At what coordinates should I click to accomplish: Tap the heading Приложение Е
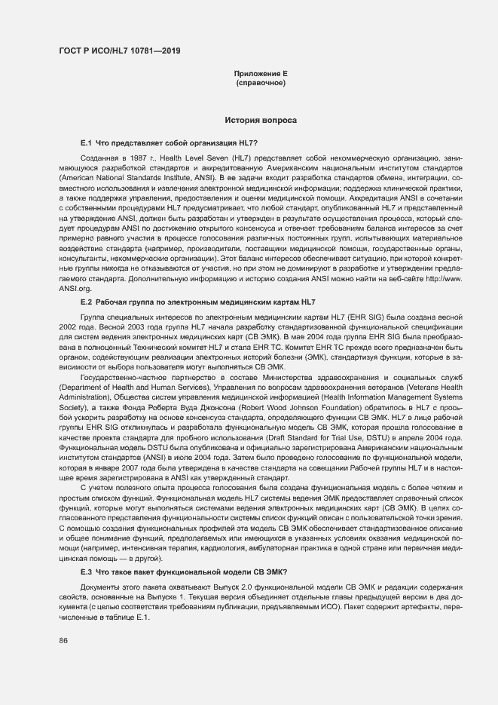[x=261, y=74]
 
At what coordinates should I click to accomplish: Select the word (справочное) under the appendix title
[x=261, y=83]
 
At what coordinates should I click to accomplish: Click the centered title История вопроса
[x=261, y=120]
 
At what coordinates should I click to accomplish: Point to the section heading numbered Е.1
[x=169, y=143]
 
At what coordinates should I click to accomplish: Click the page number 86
[x=63, y=641]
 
